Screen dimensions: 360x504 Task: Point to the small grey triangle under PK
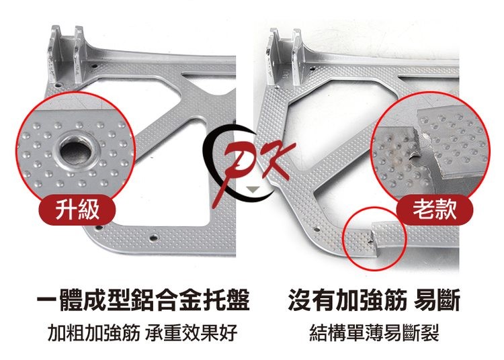pyautogui.click(x=252, y=189)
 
